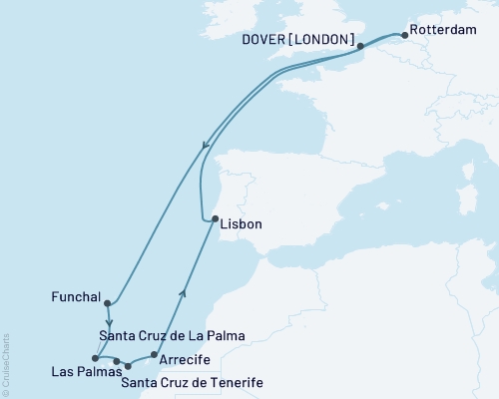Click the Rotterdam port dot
404,30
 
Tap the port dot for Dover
361,45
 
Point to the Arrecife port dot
152,354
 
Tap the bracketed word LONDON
326,40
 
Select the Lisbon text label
242,224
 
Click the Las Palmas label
79,372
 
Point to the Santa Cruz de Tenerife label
188,380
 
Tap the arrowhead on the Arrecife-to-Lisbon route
183,291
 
